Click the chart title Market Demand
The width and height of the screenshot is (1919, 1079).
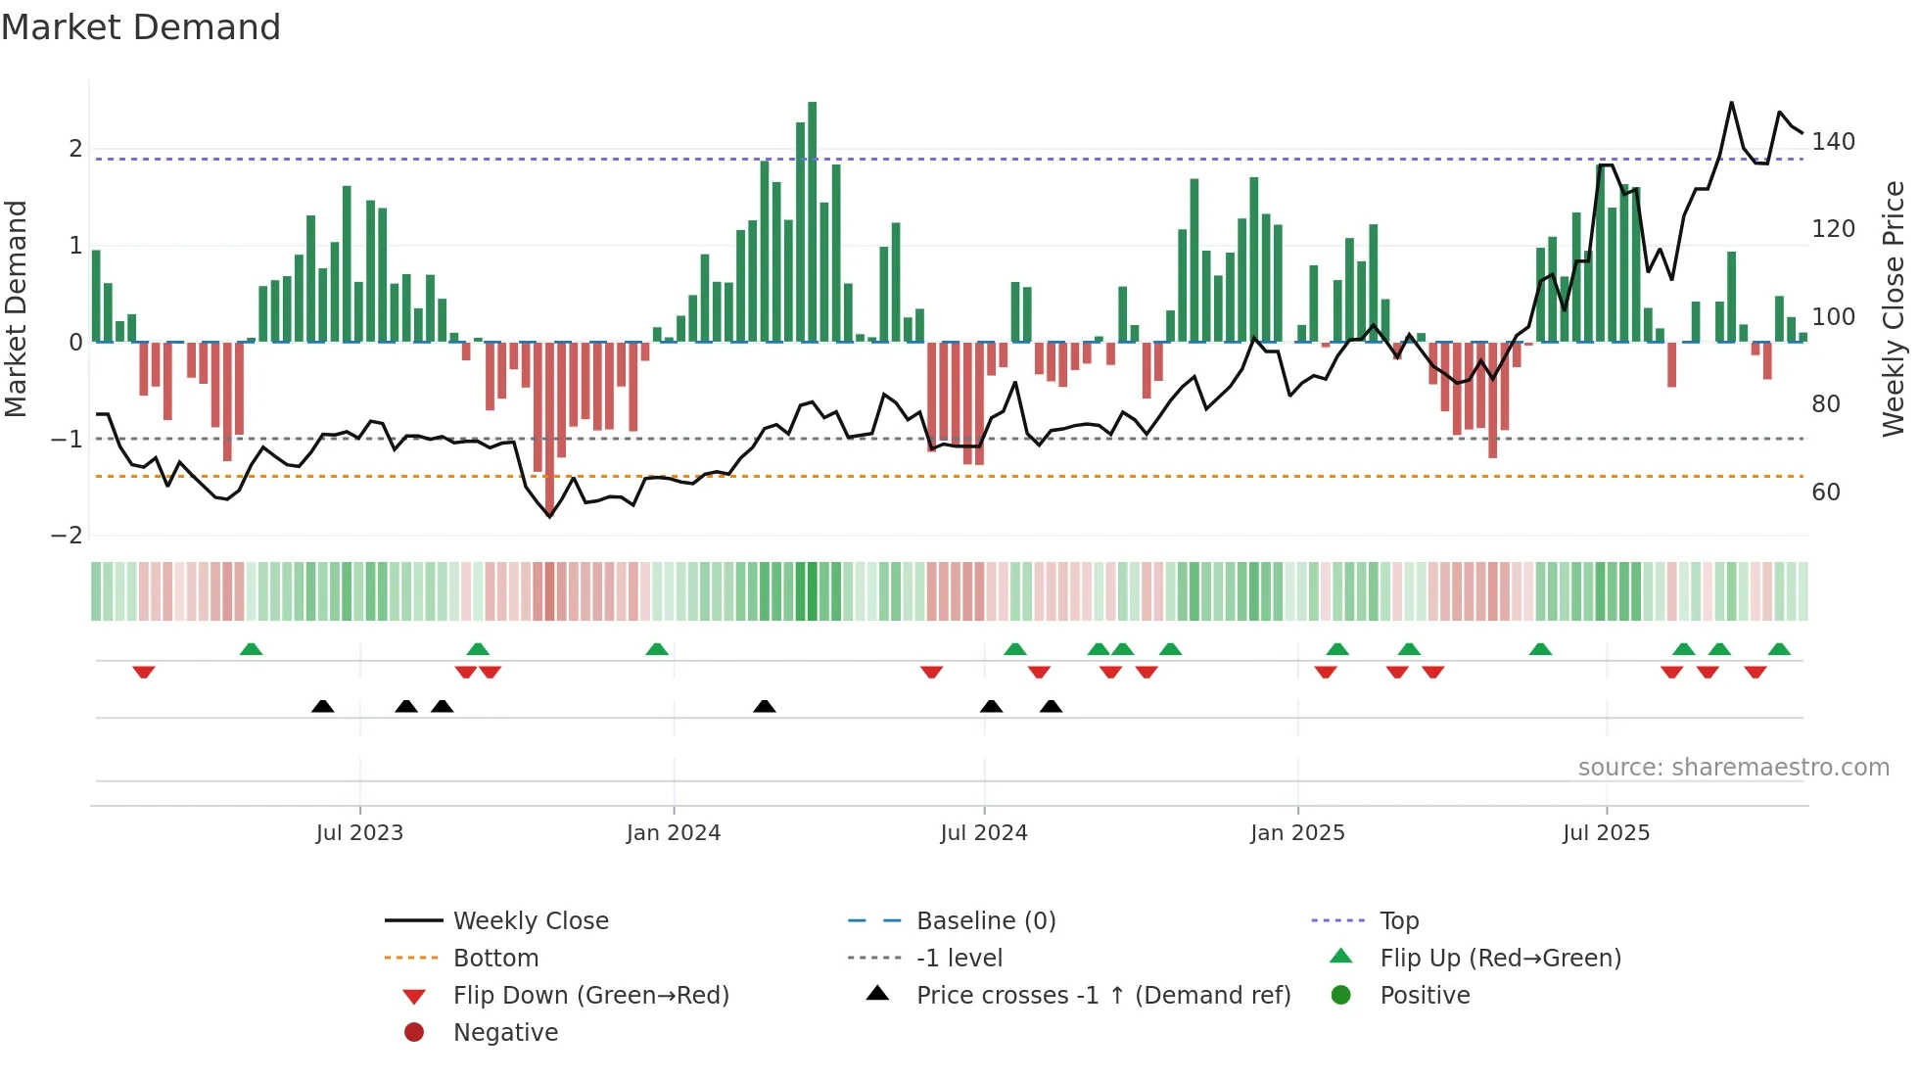click(141, 27)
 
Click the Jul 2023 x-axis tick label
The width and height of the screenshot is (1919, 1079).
click(359, 833)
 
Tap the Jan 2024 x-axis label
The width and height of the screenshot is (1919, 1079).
click(674, 833)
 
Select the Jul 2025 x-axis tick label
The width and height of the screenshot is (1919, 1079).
click(1606, 833)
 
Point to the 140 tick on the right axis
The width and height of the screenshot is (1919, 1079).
click(1833, 142)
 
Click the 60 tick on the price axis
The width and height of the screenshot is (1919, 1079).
click(1825, 493)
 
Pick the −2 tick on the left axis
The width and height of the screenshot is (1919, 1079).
click(67, 536)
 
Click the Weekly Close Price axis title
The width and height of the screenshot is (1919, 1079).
click(1894, 308)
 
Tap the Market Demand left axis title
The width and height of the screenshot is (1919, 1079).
click(17, 308)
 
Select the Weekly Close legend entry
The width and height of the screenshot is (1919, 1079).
click(530, 921)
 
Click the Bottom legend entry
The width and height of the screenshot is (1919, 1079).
click(495, 959)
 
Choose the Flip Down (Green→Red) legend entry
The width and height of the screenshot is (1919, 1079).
click(590, 996)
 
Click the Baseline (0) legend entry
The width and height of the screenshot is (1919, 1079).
click(985, 921)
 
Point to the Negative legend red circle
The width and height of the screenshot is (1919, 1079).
click(414, 1033)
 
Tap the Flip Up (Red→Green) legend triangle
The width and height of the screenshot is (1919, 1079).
click(1341, 957)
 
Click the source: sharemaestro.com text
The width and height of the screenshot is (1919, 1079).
click(1733, 768)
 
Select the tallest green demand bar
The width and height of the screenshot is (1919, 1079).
click(812, 220)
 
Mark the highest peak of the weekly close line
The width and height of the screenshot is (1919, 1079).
click(1731, 103)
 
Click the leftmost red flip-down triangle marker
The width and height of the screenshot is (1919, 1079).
click(144, 672)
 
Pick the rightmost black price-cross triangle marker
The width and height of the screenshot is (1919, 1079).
click(1051, 706)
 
